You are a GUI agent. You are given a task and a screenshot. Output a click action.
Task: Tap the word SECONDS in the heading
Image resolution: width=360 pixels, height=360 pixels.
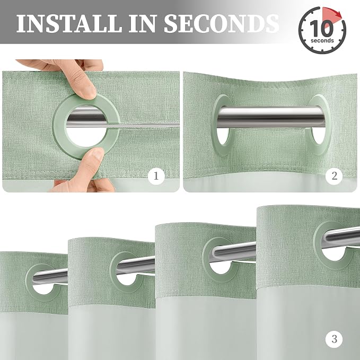[221, 23]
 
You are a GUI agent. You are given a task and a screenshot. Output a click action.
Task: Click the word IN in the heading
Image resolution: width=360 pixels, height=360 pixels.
[143, 23]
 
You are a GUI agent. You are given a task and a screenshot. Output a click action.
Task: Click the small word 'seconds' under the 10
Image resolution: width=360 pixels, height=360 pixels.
[322, 41]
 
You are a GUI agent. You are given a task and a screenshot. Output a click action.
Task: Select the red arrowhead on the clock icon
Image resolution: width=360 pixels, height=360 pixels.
[337, 14]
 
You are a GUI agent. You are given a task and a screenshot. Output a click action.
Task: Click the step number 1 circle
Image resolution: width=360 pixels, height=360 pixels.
[156, 176]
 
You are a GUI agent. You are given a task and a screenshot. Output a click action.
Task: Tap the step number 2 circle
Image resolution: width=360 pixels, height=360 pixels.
[334, 176]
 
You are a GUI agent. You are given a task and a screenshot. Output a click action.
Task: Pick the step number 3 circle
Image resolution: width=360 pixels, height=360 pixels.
[334, 339]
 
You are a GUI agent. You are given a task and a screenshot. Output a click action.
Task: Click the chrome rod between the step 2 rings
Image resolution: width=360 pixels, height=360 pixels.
[271, 117]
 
